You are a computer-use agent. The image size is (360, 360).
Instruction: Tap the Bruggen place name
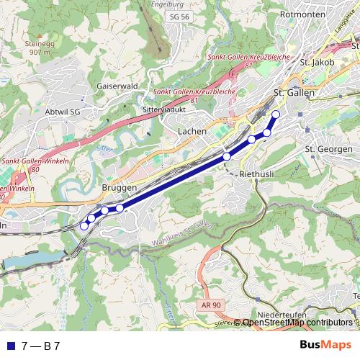(x=120, y=186)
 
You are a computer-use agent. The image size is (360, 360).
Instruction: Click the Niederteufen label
(x=282, y=315)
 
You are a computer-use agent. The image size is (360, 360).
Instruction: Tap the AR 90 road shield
(x=208, y=306)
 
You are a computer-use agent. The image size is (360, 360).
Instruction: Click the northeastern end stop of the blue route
(x=276, y=114)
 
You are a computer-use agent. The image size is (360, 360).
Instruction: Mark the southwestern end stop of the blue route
(x=84, y=225)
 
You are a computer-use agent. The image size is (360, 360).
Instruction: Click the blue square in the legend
(x=9, y=346)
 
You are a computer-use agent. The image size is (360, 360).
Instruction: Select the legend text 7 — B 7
(x=40, y=346)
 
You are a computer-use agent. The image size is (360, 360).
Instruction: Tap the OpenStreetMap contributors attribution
(x=297, y=323)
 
